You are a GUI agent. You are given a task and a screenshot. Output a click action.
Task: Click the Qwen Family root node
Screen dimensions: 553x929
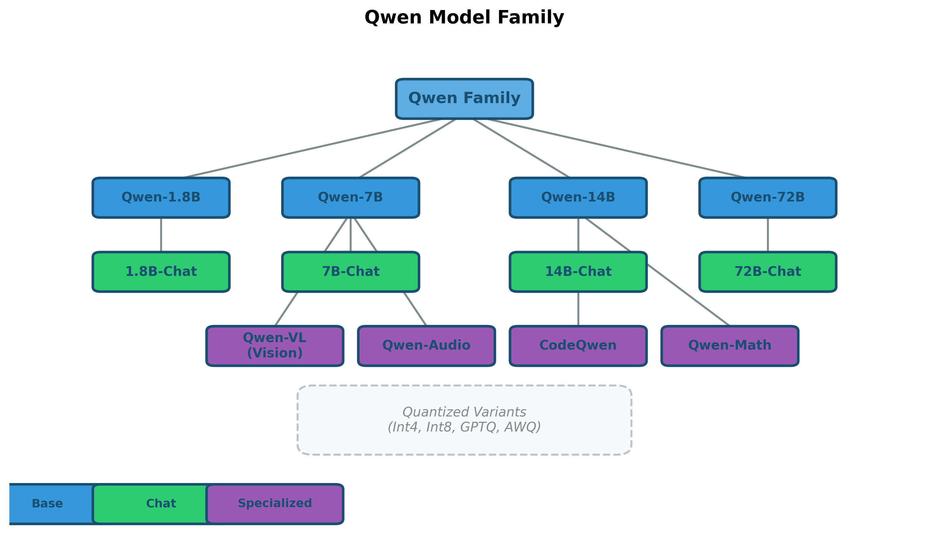pos(464,99)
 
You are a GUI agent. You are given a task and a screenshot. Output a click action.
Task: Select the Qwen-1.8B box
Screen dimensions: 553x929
pos(161,197)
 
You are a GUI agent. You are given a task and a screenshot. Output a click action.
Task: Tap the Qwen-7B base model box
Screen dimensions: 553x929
pos(350,197)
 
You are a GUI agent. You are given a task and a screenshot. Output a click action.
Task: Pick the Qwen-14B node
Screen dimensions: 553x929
pos(578,197)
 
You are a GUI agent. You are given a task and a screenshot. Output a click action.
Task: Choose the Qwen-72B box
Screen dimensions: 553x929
pos(768,197)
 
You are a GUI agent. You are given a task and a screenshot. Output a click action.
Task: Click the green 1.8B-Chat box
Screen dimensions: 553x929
pos(161,272)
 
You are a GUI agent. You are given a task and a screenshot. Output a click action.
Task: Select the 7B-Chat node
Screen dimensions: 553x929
pos(350,272)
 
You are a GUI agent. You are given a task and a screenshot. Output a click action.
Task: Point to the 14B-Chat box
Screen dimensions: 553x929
pos(578,272)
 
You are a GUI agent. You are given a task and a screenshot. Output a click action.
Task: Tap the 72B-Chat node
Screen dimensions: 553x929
pos(768,272)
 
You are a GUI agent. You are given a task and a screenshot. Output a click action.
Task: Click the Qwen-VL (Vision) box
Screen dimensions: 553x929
pos(275,346)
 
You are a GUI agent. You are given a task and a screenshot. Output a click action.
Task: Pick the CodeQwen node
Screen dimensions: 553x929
pos(578,346)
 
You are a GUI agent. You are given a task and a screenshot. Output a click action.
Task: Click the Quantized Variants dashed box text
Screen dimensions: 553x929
pos(464,420)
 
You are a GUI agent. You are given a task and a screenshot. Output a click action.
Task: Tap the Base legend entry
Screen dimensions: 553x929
pos(47,504)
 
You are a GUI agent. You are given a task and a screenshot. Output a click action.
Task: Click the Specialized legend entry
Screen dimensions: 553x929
pos(275,504)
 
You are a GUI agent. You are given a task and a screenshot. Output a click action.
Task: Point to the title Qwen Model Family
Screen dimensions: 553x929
pos(464,17)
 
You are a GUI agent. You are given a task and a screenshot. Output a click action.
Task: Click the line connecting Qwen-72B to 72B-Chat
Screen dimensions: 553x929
pos(768,235)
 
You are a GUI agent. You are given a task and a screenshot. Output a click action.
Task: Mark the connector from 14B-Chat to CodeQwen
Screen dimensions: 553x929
pos(578,309)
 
